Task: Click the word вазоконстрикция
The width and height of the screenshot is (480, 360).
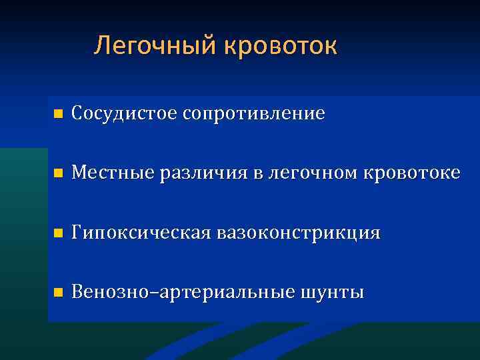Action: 297,233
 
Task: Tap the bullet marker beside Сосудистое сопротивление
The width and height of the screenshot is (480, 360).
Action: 57,114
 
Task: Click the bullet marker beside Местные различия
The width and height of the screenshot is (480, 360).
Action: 57,174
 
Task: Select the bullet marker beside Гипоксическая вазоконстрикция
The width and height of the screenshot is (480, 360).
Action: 57,234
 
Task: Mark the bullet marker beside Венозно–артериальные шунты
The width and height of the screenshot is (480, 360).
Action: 57,293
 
